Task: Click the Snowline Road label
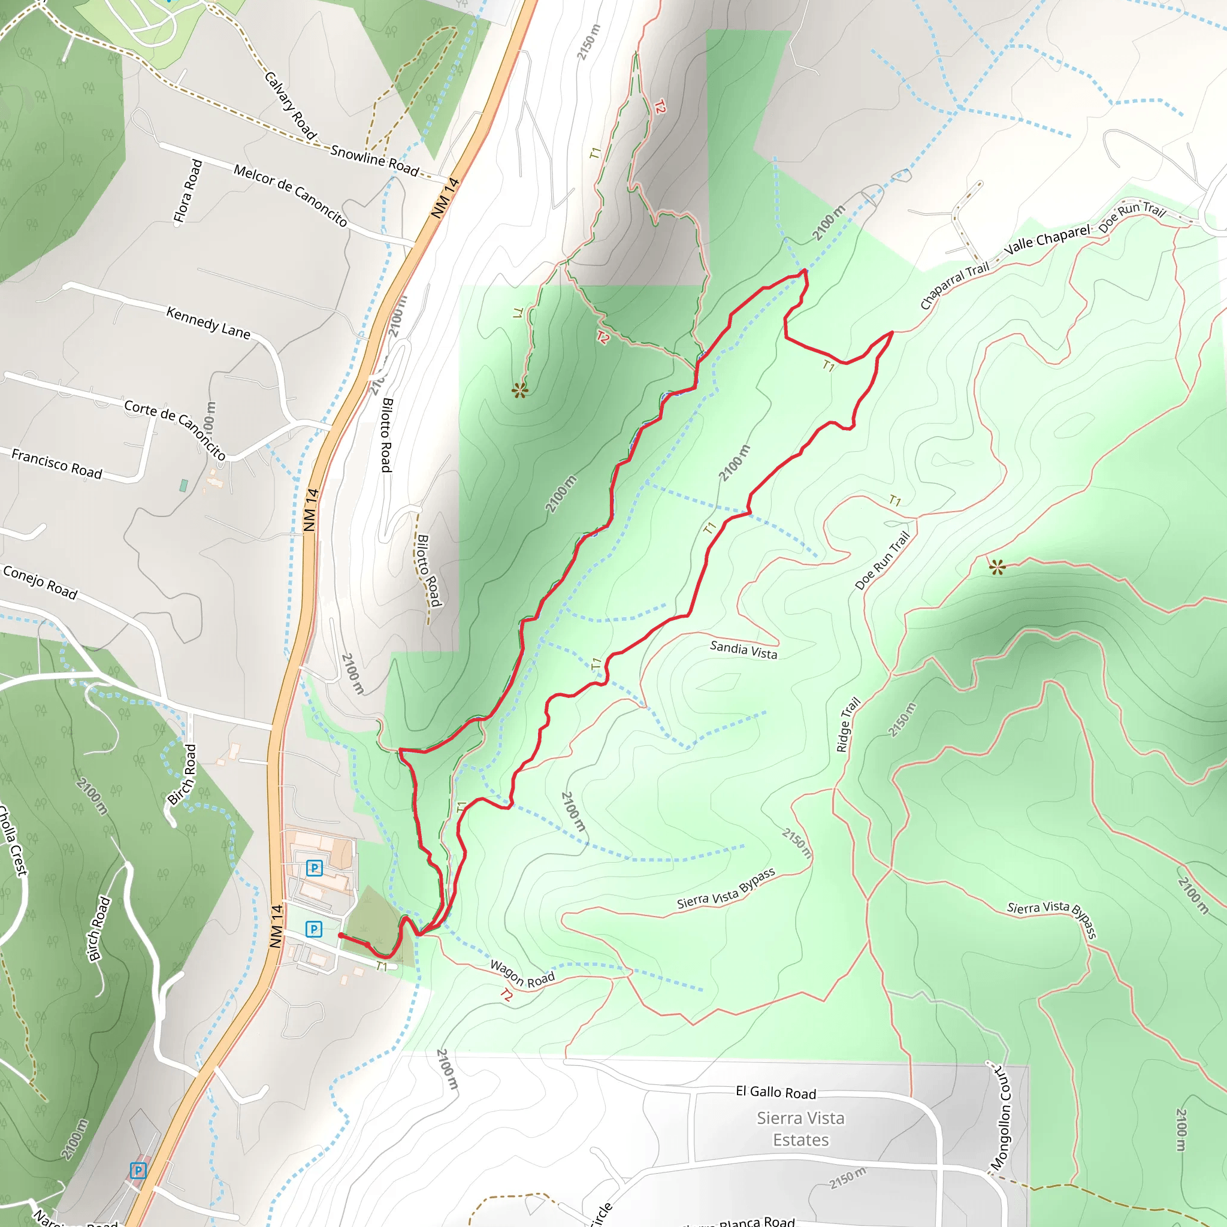pos(374,160)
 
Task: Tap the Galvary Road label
pos(290,105)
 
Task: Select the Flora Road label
pos(188,191)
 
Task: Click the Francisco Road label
pos(56,464)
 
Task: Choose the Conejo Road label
pos(40,582)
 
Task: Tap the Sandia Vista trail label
pos(743,649)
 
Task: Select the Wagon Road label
pos(522,974)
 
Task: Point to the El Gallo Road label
pos(775,1092)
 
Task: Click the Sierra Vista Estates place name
pos(800,1129)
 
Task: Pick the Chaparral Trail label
pos(954,285)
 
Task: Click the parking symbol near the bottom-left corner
pos(138,1171)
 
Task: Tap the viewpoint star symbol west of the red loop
pos(519,390)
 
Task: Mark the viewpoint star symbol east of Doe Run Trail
pos(997,567)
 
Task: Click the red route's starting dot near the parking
pos(341,935)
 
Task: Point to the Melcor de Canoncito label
pos(291,195)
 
